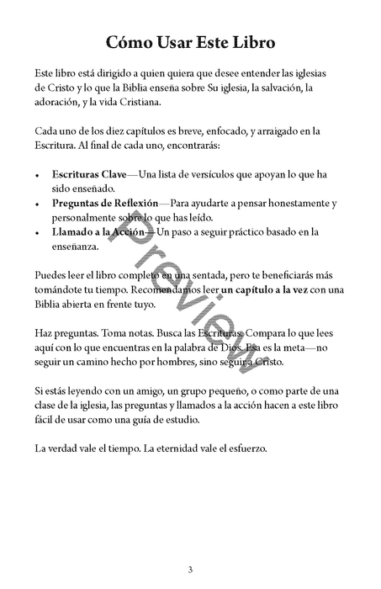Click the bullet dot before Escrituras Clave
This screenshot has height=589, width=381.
coord(38,175)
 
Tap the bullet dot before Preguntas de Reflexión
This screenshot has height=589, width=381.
coord(38,204)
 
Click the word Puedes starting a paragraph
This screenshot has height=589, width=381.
coord(51,274)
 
